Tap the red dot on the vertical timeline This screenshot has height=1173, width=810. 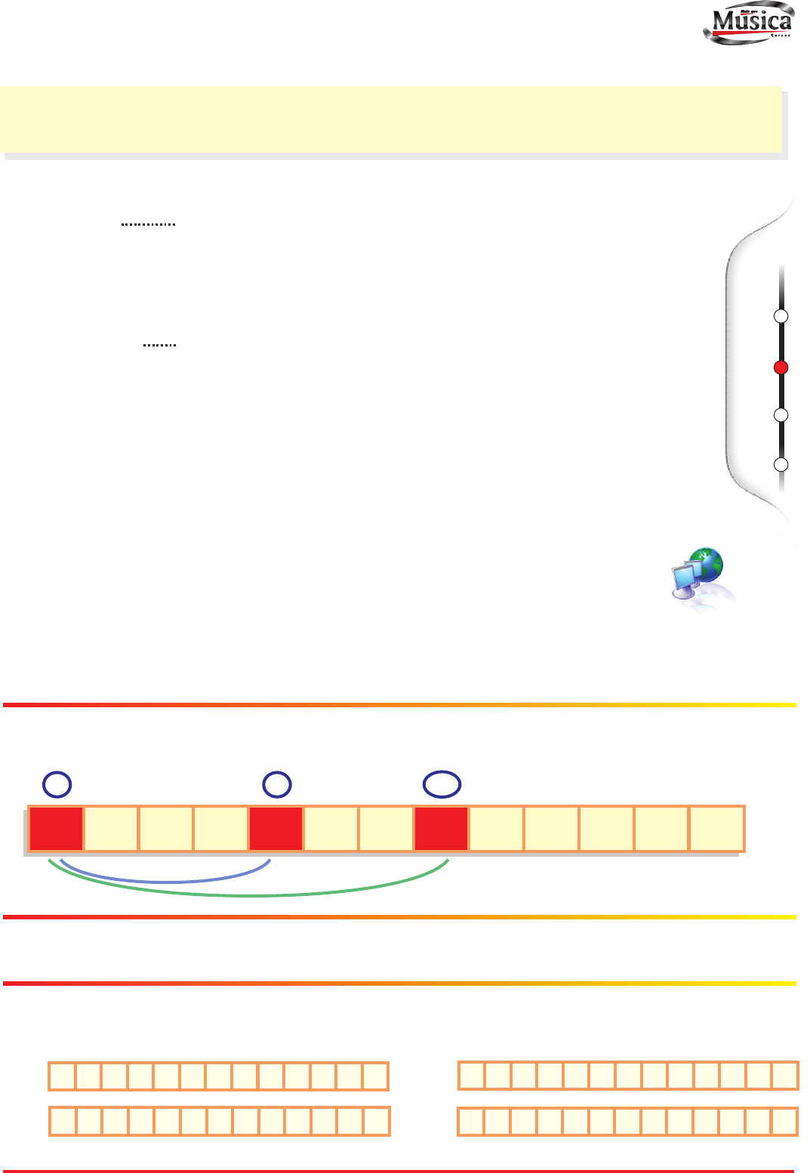coord(781,368)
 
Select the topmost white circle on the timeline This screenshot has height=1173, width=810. coord(781,316)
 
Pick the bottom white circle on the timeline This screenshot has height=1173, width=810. coord(781,464)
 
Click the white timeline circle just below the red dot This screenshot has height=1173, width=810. coord(781,414)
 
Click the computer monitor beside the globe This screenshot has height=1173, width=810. coord(685,579)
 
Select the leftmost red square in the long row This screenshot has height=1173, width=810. coord(56,829)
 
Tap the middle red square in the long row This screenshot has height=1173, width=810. coord(276,829)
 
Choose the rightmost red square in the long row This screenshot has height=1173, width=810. coord(442,829)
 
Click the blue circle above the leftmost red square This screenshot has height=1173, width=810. coord(57,785)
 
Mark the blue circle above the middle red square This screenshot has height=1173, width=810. coord(277,785)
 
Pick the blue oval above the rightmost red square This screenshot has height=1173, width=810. coord(442,784)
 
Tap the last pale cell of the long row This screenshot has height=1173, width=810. coord(717,829)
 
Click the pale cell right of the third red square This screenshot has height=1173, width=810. coord(497,829)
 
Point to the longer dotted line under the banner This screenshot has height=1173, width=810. coord(148,224)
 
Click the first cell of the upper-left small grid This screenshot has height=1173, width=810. coord(62,1076)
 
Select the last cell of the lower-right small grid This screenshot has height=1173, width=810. coord(785,1122)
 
